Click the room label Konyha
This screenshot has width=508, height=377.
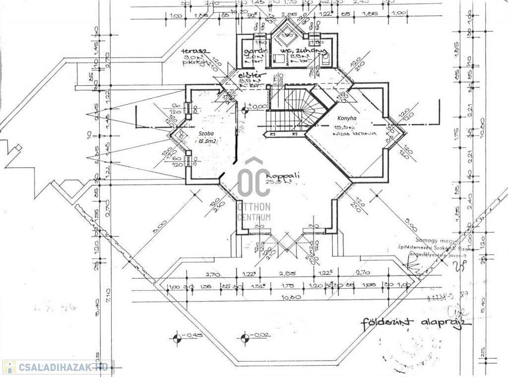click(x=347, y=119)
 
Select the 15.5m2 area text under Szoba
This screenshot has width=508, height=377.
click(x=208, y=141)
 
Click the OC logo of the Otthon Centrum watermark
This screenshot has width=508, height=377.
click(x=254, y=179)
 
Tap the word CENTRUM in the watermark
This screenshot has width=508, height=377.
click(x=254, y=217)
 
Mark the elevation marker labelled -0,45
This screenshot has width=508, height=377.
click(x=177, y=339)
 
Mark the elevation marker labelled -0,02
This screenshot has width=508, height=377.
click(x=245, y=339)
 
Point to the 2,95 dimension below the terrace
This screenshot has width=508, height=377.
click(x=287, y=273)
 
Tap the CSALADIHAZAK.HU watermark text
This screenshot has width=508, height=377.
click(x=63, y=367)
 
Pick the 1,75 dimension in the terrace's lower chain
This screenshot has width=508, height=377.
click(x=287, y=287)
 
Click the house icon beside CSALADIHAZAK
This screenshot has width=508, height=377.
click(x=9, y=367)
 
